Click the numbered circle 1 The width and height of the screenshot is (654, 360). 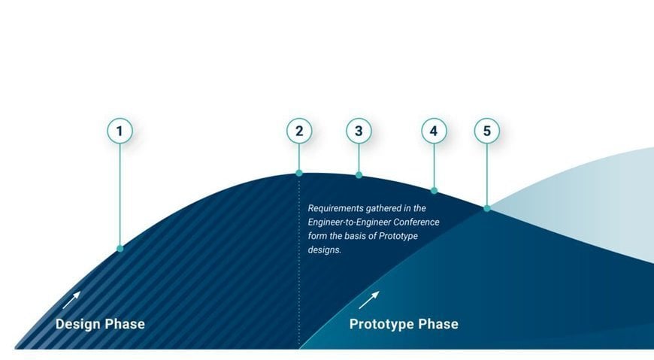120,132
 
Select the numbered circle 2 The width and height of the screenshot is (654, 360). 299,132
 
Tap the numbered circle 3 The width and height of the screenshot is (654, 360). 359,132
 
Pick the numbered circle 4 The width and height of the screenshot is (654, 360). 434,132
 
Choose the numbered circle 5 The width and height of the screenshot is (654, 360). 486,132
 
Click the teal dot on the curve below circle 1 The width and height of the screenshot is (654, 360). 120,248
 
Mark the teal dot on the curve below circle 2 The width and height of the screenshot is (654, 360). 299,173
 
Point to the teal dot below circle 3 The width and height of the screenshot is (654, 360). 359,175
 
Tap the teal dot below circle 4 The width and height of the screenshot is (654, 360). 434,191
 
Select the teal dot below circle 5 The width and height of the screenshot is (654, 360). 486,208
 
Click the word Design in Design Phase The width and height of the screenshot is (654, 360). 78,325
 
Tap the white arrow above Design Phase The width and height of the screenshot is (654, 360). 71,300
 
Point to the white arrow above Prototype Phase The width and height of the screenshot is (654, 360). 368,300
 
